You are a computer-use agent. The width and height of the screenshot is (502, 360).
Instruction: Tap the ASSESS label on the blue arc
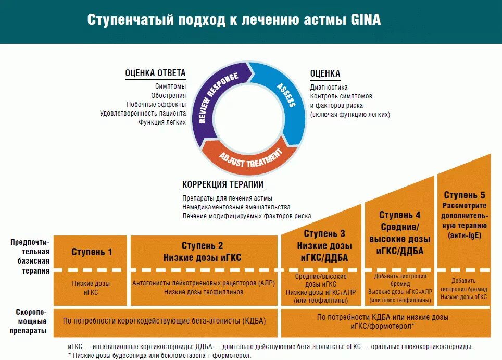click(286, 94)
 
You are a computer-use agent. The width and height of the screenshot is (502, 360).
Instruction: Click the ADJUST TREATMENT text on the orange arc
click(250, 156)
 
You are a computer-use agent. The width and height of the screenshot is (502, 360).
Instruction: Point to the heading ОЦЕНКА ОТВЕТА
click(155, 73)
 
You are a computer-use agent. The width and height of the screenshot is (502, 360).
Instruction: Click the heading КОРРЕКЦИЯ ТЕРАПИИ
click(223, 184)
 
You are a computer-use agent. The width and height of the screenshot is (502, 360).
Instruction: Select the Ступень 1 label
click(92, 252)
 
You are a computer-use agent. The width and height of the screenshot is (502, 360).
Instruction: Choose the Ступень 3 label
click(324, 234)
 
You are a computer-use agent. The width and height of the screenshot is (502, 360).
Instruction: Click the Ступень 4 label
click(400, 215)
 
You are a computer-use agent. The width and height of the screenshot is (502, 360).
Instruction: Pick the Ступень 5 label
click(464, 195)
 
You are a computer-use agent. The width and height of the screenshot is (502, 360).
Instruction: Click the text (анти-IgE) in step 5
click(464, 235)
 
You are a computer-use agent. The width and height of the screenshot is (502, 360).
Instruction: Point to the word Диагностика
click(329, 87)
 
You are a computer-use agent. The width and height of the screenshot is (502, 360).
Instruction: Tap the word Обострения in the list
click(169, 95)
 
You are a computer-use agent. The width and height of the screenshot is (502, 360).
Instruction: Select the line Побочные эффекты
click(156, 104)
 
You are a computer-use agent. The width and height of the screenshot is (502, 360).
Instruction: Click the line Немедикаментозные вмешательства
click(236, 207)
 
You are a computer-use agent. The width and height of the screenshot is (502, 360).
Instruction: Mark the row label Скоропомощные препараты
click(29, 321)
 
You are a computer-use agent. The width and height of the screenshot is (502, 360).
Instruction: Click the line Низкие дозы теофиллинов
click(204, 292)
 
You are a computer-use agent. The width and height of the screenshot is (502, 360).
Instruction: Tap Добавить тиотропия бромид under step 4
click(400, 279)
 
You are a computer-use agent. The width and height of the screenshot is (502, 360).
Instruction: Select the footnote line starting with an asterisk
click(159, 355)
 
